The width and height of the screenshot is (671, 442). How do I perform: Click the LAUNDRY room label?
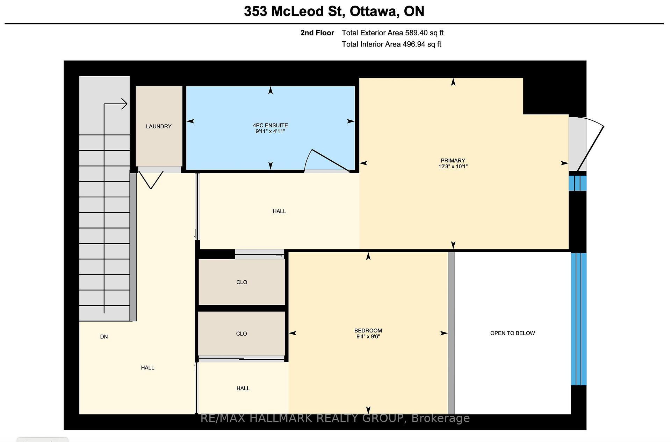pyautogui.click(x=159, y=126)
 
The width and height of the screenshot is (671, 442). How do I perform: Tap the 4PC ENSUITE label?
pyautogui.click(x=270, y=125)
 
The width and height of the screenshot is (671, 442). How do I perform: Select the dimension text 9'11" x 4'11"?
pyautogui.click(x=270, y=131)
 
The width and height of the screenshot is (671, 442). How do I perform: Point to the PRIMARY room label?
pyautogui.click(x=453, y=161)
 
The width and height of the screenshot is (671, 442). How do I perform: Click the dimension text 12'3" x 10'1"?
pyautogui.click(x=453, y=167)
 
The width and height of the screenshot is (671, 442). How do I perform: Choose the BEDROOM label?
pyautogui.click(x=368, y=330)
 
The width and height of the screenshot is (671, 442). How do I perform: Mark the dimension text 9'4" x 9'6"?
pyautogui.click(x=368, y=337)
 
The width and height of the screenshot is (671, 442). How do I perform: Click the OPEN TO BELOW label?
pyautogui.click(x=512, y=333)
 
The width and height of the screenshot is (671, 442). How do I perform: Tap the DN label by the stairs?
pyautogui.click(x=104, y=337)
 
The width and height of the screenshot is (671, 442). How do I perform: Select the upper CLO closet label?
pyautogui.click(x=241, y=282)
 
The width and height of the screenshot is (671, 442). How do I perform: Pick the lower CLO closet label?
pyautogui.click(x=241, y=334)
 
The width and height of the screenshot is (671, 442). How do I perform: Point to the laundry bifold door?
pyautogui.click(x=151, y=180)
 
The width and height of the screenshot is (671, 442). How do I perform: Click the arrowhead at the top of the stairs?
pyautogui.click(x=124, y=104)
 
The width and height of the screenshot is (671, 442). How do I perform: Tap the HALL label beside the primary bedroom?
pyautogui.click(x=279, y=211)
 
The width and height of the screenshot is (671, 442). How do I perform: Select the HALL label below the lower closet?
pyautogui.click(x=243, y=388)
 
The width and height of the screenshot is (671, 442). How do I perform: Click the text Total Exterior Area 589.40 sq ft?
pyautogui.click(x=392, y=33)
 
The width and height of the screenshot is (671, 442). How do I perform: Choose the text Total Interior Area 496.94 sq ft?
pyautogui.click(x=391, y=44)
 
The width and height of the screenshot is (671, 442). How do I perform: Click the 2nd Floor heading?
pyautogui.click(x=317, y=33)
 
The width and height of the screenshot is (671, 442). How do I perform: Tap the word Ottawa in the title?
pyautogui.click(x=374, y=12)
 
